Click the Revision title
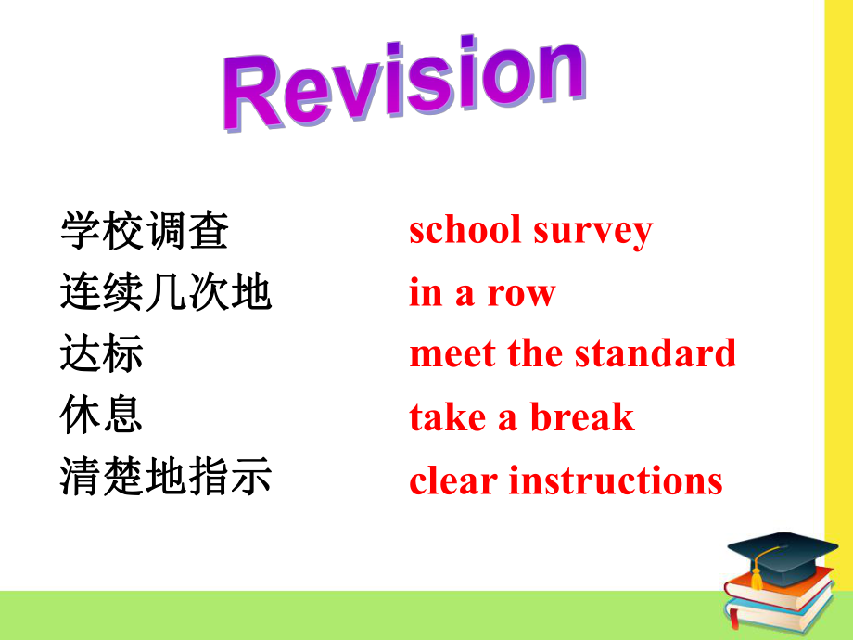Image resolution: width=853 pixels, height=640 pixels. tap(403, 85)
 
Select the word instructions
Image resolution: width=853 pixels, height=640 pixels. tap(616, 480)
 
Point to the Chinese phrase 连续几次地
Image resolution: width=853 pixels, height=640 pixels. tap(166, 293)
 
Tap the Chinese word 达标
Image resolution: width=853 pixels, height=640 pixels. tap(102, 353)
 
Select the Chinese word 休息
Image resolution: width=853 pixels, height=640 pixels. tap(102, 416)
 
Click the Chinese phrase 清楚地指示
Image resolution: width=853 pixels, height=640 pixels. tap(166, 480)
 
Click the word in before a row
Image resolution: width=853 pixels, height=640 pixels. tap(426, 293)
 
